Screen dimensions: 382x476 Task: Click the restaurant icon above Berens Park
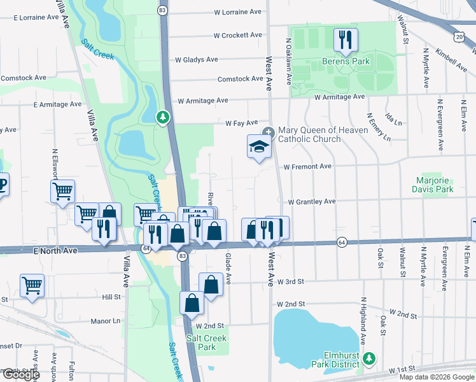click(x=346, y=39)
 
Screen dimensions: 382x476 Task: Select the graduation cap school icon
click(x=259, y=147)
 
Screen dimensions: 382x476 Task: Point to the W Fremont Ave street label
click(x=307, y=166)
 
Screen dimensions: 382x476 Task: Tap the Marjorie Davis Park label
click(x=432, y=185)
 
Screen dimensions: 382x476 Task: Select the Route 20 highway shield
click(x=459, y=38)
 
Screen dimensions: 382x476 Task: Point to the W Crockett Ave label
click(x=237, y=36)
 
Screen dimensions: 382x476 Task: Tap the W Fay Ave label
click(x=241, y=122)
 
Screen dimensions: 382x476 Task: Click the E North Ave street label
click(x=55, y=251)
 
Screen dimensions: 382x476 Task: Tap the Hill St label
click(x=111, y=297)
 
